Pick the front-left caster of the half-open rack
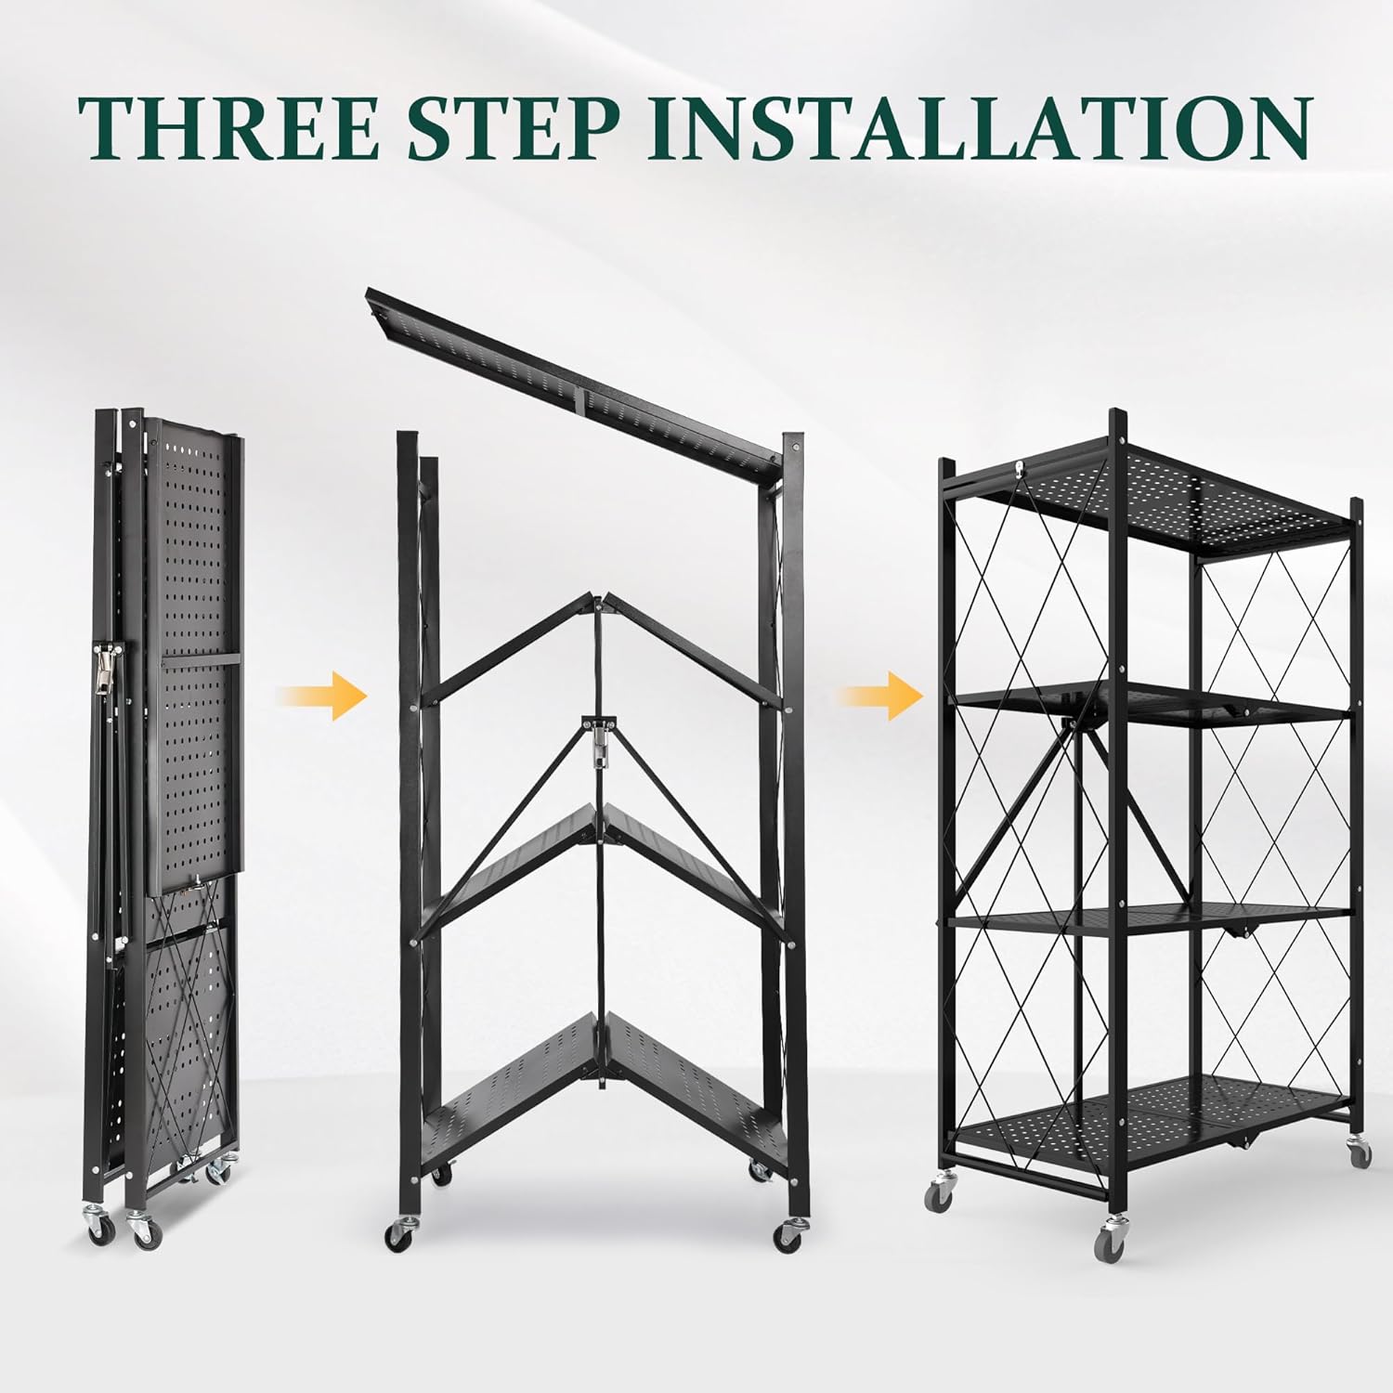pyautogui.click(x=399, y=1234)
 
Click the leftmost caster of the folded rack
pyautogui.click(x=98, y=1230)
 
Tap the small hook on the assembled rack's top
pyautogui.click(x=1020, y=470)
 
